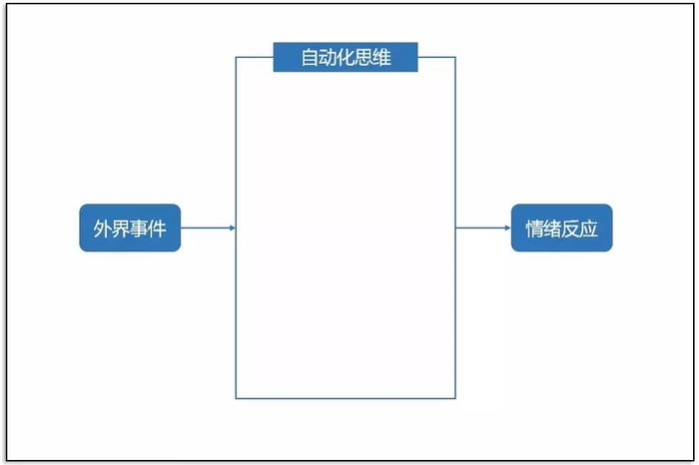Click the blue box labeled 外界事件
(130, 229)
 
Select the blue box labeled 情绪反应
(561, 229)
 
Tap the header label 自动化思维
(346, 57)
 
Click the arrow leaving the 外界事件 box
(208, 229)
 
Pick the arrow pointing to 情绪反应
(483, 229)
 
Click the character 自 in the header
(311, 57)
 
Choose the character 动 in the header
(328, 57)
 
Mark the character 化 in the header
(346, 57)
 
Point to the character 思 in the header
(363, 57)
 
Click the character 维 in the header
(380, 57)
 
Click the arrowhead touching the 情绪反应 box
(506, 229)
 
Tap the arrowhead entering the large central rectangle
(232, 229)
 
